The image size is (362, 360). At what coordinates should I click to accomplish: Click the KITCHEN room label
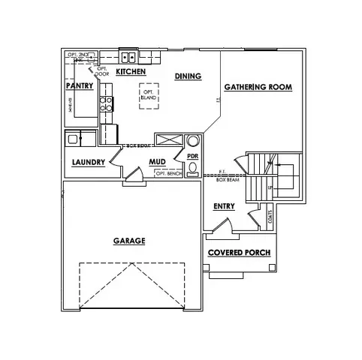131,71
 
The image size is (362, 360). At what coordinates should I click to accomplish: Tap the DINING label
187,76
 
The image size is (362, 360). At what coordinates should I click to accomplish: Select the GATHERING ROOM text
258,87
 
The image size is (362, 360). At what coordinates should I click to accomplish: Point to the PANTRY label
79,86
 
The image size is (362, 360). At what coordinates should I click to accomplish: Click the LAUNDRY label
88,162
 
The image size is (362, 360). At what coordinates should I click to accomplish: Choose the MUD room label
157,161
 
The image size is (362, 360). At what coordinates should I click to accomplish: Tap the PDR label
192,156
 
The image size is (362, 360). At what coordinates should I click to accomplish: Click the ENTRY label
224,206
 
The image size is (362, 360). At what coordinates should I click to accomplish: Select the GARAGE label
129,241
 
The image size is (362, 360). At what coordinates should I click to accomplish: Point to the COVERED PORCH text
239,253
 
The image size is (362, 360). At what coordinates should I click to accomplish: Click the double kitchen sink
129,56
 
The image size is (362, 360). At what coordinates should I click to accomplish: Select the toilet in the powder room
193,169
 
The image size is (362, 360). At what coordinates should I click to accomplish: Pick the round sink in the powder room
193,141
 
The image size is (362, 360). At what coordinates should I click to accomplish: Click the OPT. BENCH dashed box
169,173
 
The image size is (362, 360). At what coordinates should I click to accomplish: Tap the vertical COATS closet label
270,217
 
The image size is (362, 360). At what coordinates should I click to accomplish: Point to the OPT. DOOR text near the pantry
102,72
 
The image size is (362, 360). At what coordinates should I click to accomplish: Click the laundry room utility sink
74,139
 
